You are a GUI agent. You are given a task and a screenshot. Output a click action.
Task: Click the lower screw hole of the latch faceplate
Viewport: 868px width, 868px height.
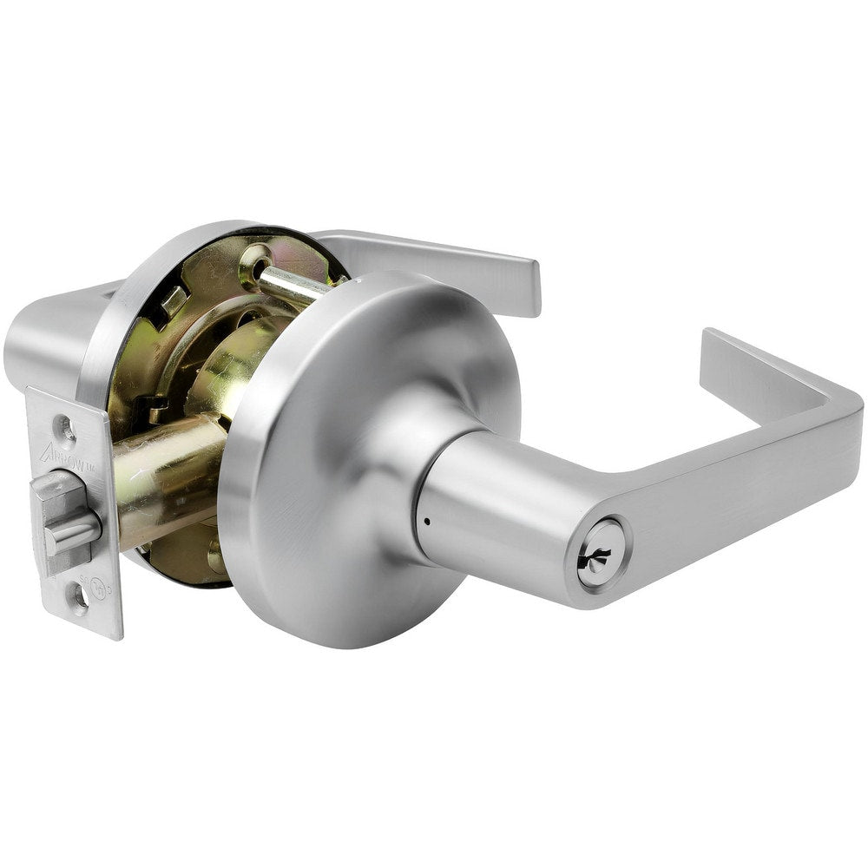(80, 598)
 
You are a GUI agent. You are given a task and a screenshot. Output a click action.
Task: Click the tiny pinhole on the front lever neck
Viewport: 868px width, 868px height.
(427, 523)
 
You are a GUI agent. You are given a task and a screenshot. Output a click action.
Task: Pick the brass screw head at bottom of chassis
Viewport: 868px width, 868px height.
(214, 556)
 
